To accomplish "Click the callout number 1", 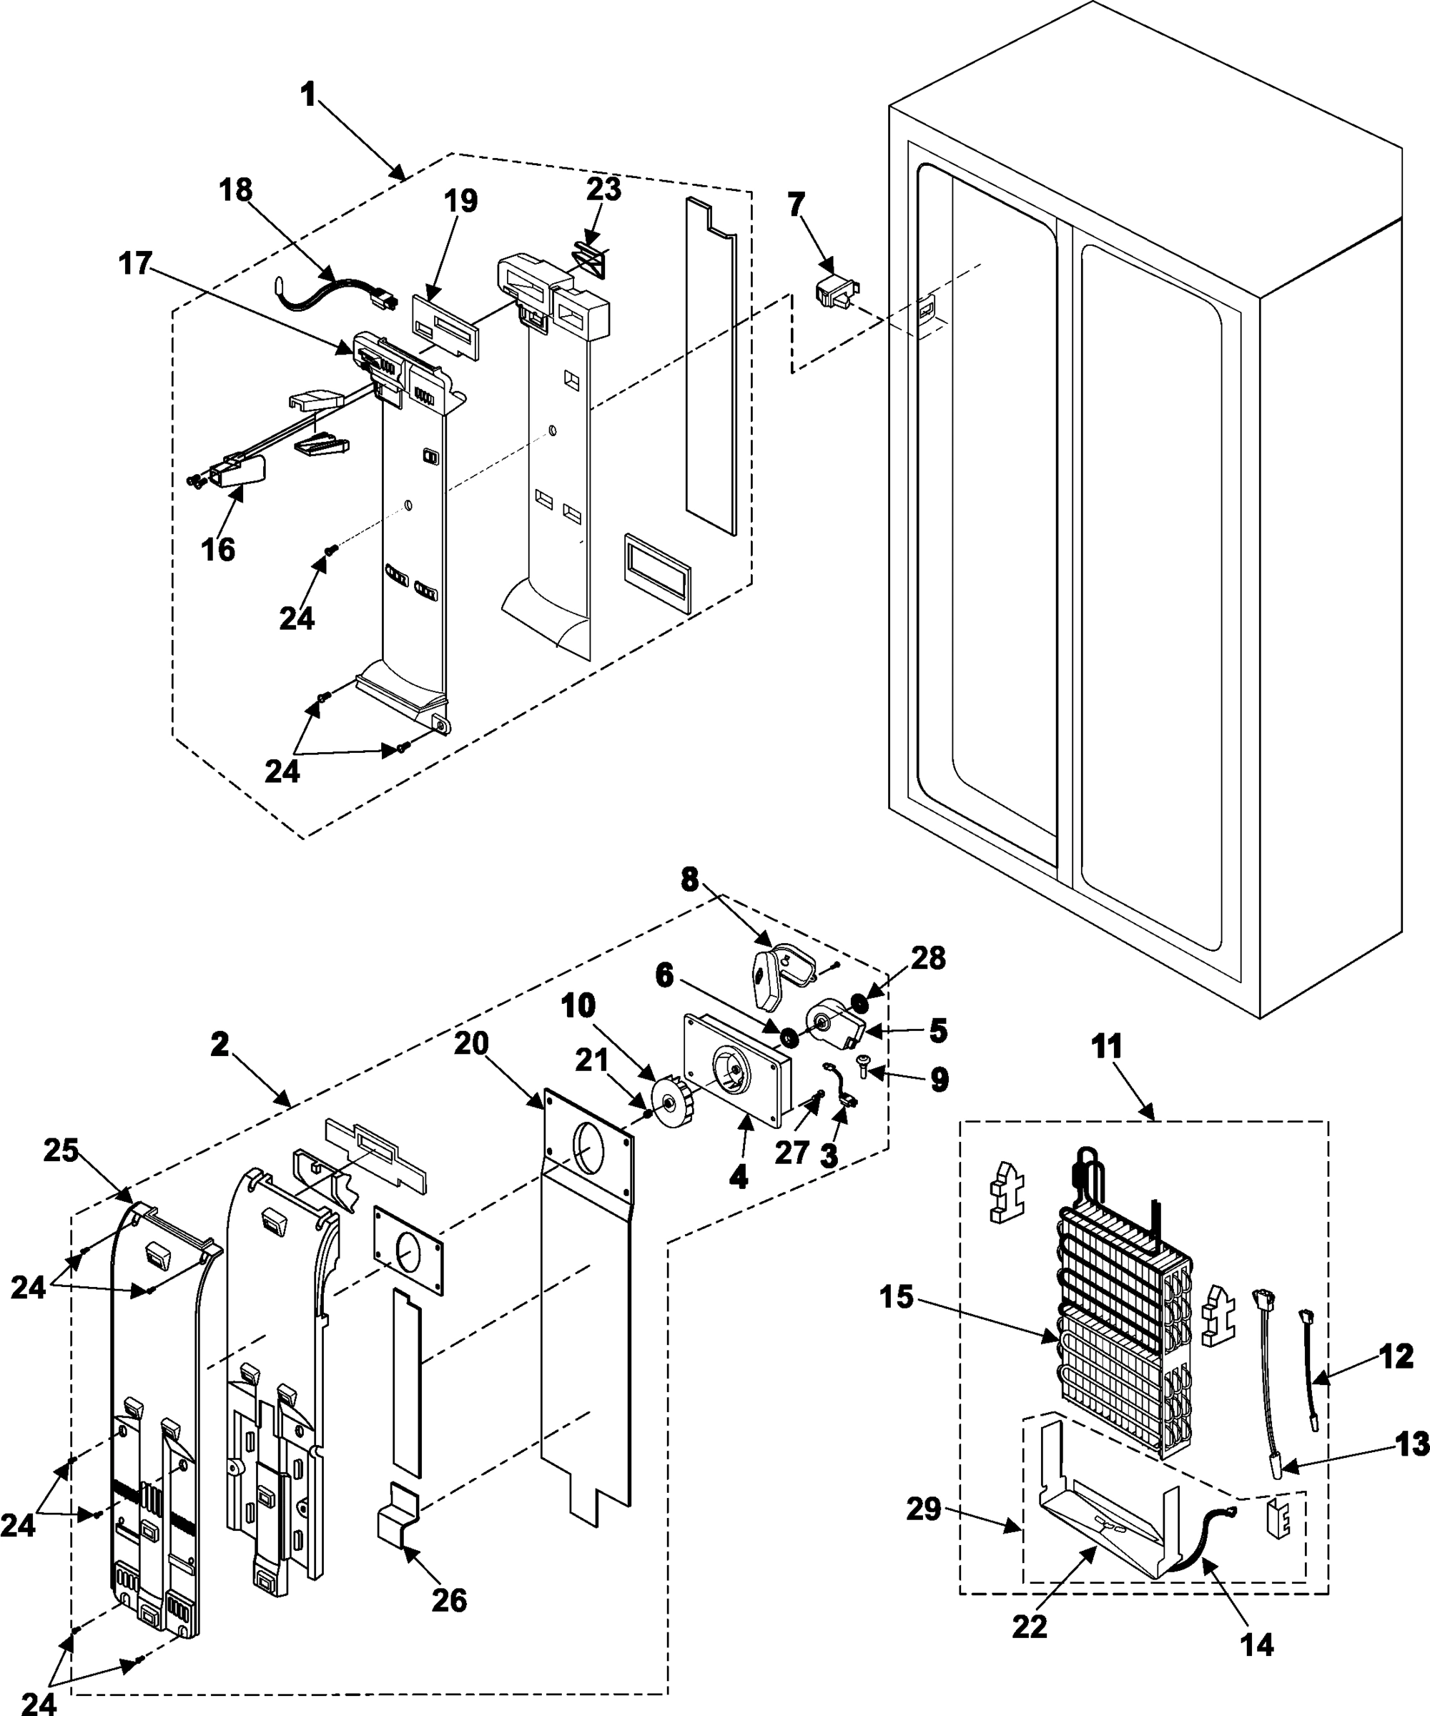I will click(x=308, y=96).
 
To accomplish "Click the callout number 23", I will click(x=604, y=189).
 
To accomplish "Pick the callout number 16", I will click(x=218, y=550).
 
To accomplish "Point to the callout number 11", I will click(x=1108, y=1046).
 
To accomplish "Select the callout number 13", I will click(x=1413, y=1444).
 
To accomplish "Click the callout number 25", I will click(x=61, y=1150).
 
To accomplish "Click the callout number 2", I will click(x=220, y=1045).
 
